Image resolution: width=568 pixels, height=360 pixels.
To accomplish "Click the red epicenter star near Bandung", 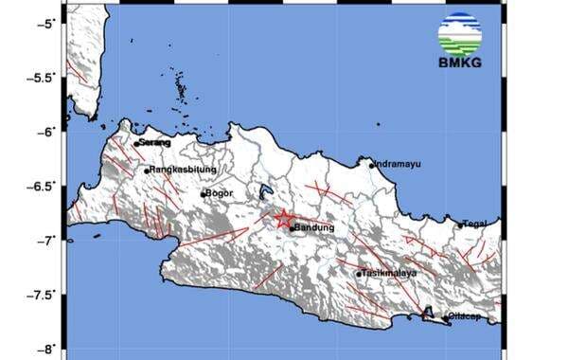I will point(283,219).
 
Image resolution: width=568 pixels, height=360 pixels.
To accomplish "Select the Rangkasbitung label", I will point(184,170).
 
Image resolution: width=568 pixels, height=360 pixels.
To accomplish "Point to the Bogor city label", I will point(219,192).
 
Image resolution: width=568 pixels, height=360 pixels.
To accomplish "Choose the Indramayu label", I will point(398,163).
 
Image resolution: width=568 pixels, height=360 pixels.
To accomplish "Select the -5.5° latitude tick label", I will point(43,77).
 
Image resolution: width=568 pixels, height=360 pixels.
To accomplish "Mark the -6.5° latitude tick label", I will point(43,186).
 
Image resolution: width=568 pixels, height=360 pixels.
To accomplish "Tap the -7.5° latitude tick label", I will point(43,295).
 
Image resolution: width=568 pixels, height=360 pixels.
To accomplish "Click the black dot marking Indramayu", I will point(372,165).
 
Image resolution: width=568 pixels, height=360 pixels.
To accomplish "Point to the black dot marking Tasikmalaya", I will point(360,275).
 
